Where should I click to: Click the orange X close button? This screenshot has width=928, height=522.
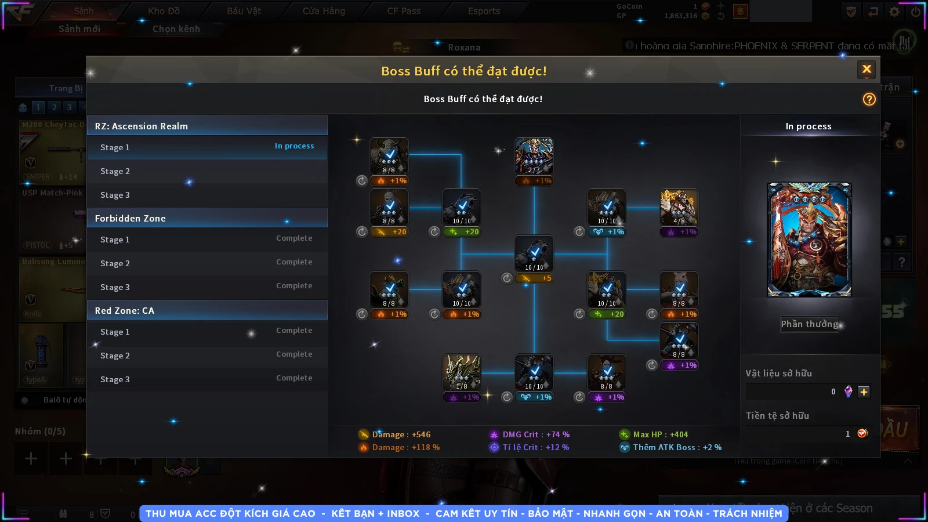click(867, 70)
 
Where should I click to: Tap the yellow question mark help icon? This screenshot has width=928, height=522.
click(869, 99)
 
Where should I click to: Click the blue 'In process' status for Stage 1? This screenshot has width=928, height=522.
click(294, 146)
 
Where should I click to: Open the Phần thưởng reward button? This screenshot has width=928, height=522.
click(809, 324)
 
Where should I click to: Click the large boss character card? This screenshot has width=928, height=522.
click(809, 240)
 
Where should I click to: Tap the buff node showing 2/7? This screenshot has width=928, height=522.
click(534, 156)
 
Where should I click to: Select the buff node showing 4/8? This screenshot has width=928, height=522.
click(679, 207)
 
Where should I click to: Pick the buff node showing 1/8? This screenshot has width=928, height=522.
click(461, 372)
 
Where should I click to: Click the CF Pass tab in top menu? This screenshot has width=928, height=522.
click(404, 11)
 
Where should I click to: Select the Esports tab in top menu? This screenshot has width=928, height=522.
click(484, 11)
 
